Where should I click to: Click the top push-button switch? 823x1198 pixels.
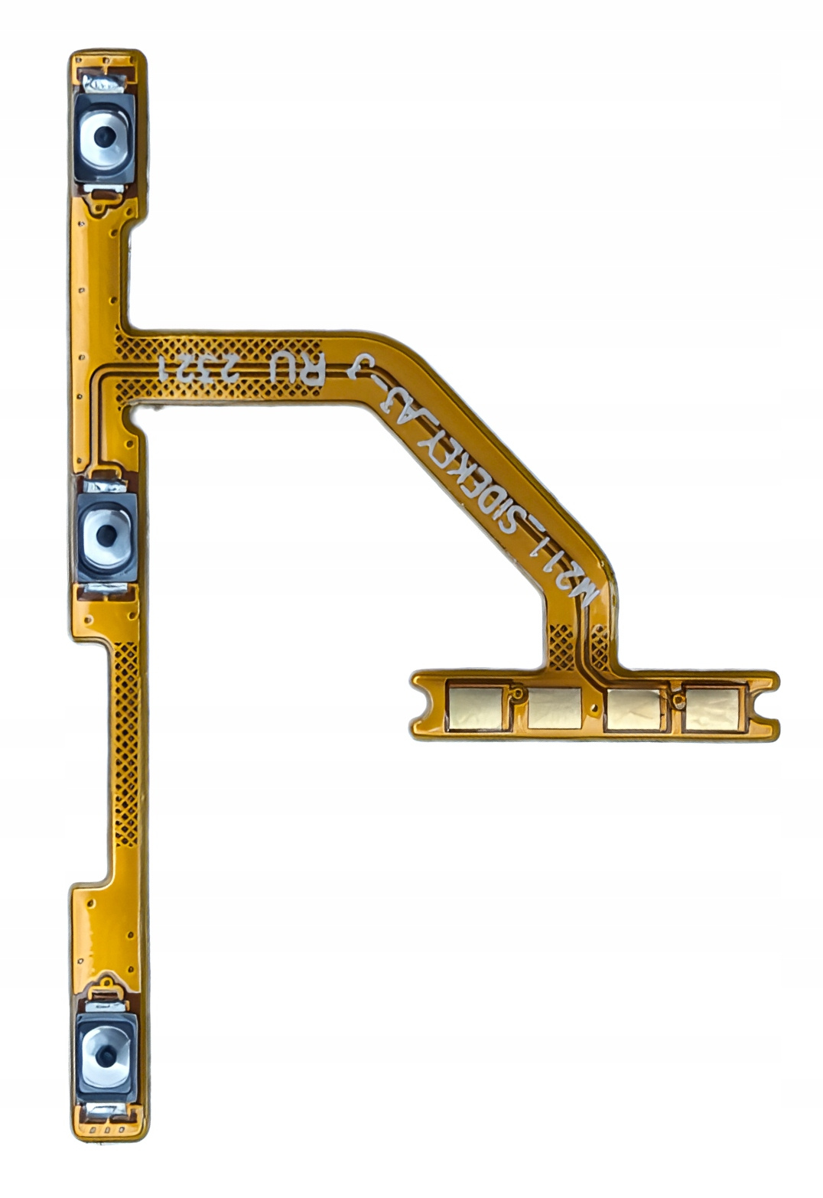click(x=105, y=138)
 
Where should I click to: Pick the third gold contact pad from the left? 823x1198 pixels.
click(x=633, y=709)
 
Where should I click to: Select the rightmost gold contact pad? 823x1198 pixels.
click(x=711, y=709)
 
